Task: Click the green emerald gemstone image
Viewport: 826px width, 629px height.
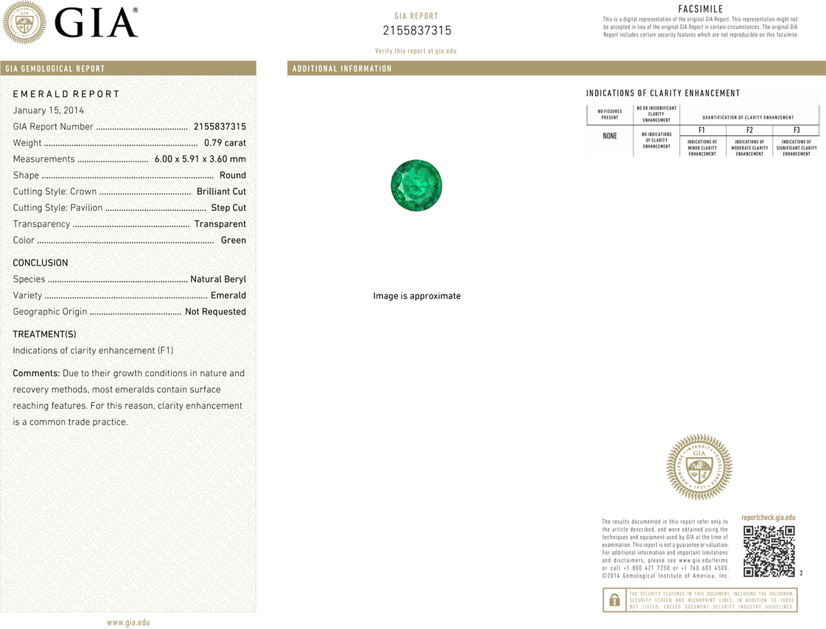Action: tap(416, 185)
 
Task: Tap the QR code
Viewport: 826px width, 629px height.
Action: tap(769, 551)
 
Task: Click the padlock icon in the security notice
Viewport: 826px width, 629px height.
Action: tap(615, 600)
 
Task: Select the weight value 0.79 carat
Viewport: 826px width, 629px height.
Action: tap(225, 143)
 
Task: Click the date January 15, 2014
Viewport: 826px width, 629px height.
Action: tap(48, 110)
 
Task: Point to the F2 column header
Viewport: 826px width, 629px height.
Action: tap(749, 130)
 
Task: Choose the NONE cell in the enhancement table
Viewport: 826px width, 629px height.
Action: tap(610, 136)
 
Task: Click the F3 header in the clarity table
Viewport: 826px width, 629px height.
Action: tap(796, 130)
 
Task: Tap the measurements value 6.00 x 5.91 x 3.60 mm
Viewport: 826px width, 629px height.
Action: tap(200, 159)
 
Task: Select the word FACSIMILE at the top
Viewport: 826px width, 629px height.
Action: tap(701, 9)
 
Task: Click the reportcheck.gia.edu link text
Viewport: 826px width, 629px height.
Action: tap(768, 517)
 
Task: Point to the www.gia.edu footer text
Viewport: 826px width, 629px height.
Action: tap(128, 622)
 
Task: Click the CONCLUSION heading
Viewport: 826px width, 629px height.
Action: tap(40, 263)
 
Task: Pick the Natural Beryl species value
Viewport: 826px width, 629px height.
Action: tap(218, 279)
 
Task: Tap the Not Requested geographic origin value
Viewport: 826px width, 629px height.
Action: tap(215, 311)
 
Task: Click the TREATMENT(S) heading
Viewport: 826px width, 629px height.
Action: tap(44, 334)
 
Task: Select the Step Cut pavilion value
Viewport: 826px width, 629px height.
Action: tap(228, 207)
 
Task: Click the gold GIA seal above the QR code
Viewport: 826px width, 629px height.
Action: tap(699, 467)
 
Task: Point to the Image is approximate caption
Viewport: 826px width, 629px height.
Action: tap(417, 296)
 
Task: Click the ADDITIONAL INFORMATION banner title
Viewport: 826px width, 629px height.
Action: tap(342, 68)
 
